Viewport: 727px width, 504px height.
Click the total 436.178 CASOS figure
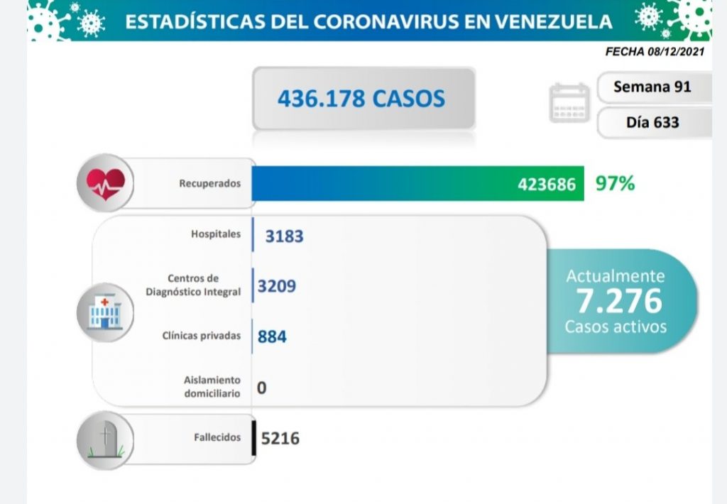[361, 98]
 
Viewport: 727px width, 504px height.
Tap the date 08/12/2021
[678, 53]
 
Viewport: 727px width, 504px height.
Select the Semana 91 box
[652, 87]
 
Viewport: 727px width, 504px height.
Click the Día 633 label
[652, 122]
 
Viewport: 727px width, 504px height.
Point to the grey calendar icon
[569, 104]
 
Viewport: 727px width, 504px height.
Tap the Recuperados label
[210, 184]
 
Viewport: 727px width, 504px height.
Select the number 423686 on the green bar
[547, 185]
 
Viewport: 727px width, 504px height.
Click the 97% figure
[615, 184]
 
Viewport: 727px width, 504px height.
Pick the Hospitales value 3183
[284, 236]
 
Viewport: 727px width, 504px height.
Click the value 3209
[277, 286]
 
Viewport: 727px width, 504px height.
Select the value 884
[272, 336]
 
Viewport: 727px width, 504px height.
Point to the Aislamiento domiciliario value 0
[262, 388]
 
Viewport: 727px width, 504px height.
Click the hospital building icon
[104, 313]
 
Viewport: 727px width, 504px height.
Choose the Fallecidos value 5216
[280, 439]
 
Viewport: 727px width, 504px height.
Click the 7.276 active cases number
[618, 301]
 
